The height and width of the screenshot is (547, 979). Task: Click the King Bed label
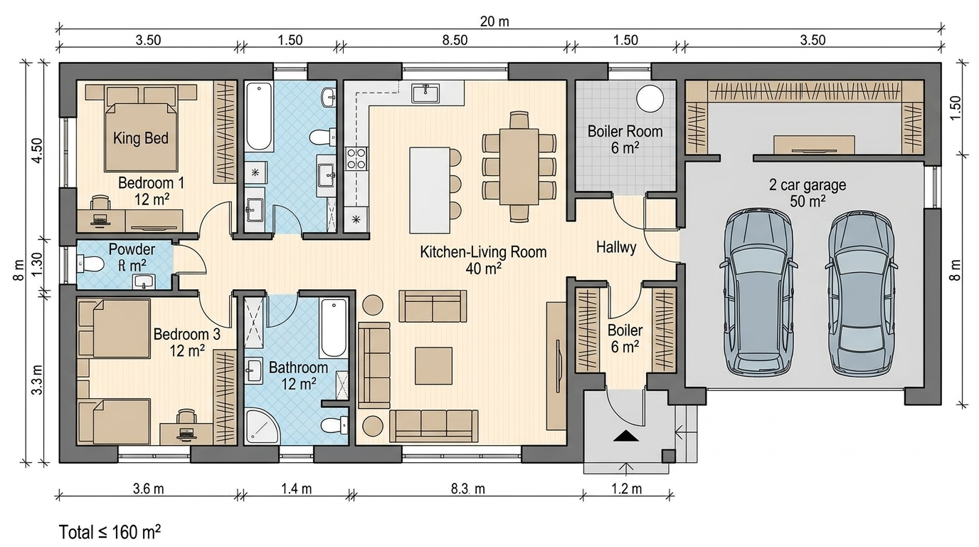[141, 138]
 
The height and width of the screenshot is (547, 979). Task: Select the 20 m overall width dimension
[494, 21]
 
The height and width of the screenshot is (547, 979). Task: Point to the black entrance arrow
[626, 436]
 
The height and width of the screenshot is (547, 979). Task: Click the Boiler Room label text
[625, 131]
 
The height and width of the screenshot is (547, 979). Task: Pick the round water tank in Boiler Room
[650, 99]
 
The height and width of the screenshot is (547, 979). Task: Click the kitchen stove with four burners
[356, 159]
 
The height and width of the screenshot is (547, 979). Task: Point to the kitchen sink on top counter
[425, 93]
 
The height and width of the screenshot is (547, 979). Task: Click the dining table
[519, 166]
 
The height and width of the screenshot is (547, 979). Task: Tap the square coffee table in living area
[433, 365]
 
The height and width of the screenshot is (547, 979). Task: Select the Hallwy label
[616, 248]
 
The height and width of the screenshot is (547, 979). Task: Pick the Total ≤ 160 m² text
[110, 532]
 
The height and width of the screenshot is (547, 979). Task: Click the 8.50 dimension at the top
[455, 41]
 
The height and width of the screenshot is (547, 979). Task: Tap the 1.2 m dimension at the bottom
[626, 489]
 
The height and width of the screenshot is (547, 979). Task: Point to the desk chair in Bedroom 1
[100, 204]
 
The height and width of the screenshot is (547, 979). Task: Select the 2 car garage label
[808, 185]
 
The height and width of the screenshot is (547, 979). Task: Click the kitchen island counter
[430, 190]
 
